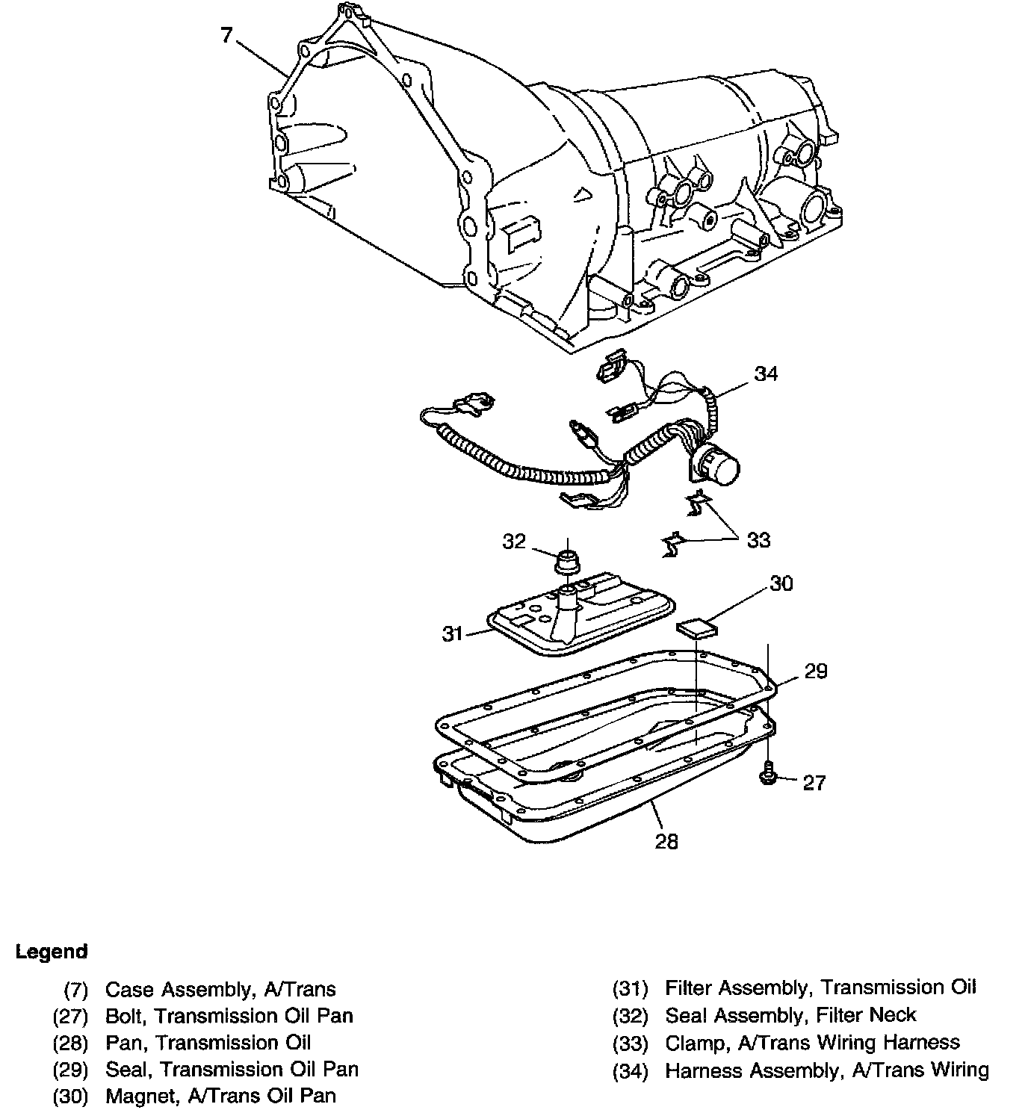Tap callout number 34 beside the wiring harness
[766, 373]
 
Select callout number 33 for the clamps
[758, 539]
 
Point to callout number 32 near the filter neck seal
[514, 541]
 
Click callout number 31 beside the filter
[453, 634]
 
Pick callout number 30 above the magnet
[781, 583]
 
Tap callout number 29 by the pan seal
[816, 671]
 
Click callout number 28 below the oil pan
[666, 841]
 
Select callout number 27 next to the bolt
[814, 782]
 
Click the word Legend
[52, 952]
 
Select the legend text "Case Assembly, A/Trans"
[220, 990]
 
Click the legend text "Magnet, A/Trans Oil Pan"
[220, 1096]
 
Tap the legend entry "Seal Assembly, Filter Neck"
[790, 1015]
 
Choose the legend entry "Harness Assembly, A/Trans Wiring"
[826, 1070]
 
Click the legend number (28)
[71, 1043]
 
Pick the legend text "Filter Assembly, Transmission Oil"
[820, 987]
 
